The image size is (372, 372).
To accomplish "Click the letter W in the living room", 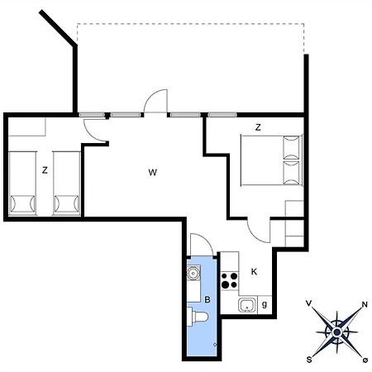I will coord(153,172).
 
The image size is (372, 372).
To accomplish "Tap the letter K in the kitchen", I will coord(255,271).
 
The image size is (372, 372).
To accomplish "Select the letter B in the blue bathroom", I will coord(208,299).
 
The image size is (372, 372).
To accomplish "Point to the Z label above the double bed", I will coord(258,127).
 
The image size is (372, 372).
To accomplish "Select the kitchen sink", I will coord(246,306).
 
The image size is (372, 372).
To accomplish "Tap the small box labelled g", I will coord(264,304).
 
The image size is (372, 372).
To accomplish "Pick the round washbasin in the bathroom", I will coord(193,273).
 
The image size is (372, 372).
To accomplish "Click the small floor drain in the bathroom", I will coord(215,344).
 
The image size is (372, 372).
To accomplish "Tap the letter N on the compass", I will coord(365,304).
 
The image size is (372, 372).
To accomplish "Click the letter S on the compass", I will coord(309,359).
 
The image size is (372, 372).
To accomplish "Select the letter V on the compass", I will coord(308,304).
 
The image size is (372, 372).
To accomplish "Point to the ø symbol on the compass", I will coord(365,360).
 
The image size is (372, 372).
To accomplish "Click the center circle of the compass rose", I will coord(336,332).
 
